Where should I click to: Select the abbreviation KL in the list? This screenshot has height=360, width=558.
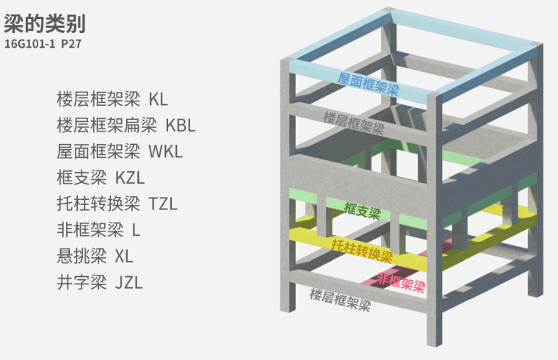tap(158, 98)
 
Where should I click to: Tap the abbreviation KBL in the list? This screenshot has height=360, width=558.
tap(181, 125)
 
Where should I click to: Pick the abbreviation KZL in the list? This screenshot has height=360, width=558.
tap(131, 177)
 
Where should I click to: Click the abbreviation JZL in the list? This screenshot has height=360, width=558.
tap(128, 282)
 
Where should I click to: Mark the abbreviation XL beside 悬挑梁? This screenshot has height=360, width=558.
tap(124, 256)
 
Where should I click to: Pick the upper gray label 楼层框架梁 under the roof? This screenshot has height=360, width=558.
tap(354, 121)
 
